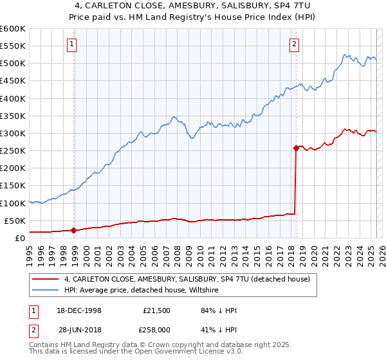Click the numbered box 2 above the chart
click(294, 44)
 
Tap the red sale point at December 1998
click(74, 230)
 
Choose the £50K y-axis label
click(15, 221)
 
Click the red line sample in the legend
click(45, 280)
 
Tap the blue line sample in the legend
click(45, 291)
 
